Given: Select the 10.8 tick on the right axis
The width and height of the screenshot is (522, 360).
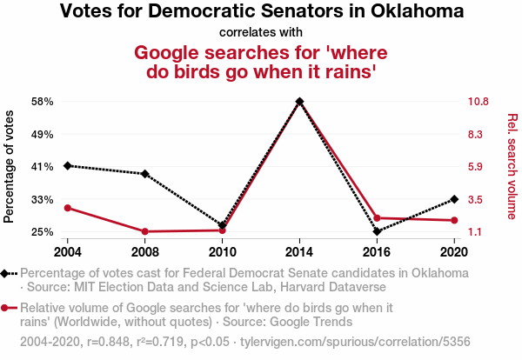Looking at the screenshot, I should pos(481,102).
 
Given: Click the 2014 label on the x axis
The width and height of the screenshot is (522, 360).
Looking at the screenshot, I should pos(299,252).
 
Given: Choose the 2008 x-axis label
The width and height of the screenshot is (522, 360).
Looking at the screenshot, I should pos(144,252).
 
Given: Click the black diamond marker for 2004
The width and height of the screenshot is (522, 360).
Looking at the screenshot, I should pos(67,165).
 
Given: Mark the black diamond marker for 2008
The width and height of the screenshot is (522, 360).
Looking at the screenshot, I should pos(144,174).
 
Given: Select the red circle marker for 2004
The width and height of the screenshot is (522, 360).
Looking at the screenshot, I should pos(67,208).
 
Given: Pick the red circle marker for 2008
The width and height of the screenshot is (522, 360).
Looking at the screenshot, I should pos(144,231).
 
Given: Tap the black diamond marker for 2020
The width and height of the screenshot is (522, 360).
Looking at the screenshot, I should pos(454,199).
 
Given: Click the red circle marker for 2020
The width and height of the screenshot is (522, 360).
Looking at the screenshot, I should pos(454,220).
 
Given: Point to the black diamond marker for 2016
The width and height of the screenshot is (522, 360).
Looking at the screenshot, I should pos(377,231).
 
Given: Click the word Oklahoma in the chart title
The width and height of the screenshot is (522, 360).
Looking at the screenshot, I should pos(415,12).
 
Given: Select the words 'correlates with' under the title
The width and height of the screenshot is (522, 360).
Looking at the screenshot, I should pos(261,32).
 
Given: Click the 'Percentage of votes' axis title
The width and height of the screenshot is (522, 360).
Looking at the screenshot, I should pos(10,167).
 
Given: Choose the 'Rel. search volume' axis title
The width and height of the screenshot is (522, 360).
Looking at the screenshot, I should pos(512,167).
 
